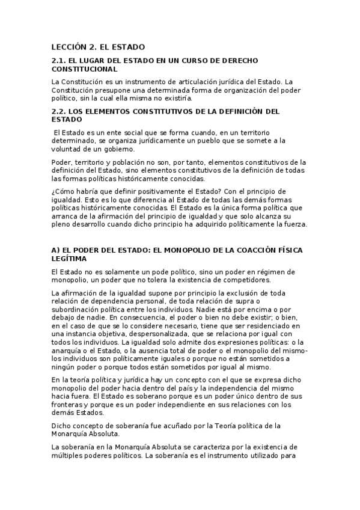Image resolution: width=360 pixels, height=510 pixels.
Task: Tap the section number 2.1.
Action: [60, 61]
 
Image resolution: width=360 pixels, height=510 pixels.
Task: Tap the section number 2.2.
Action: [60, 111]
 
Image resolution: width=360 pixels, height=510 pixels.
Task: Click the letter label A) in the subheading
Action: [56, 250]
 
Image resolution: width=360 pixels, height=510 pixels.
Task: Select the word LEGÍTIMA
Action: [69, 258]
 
